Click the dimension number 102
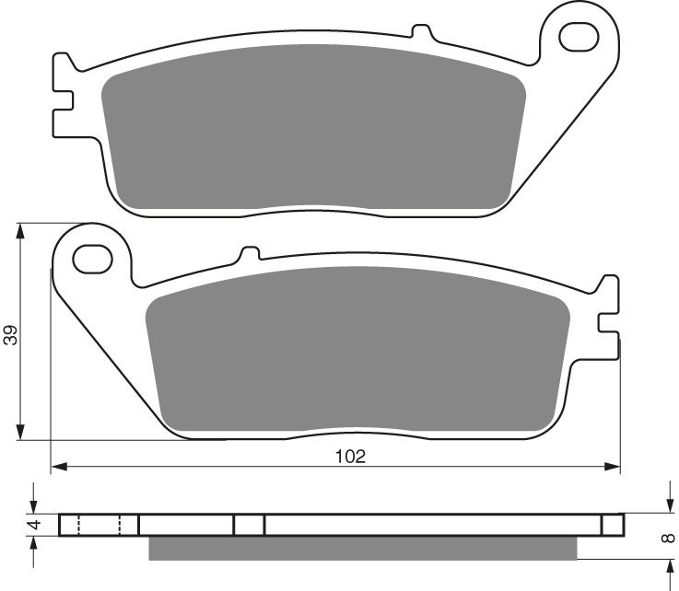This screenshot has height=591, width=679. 351,456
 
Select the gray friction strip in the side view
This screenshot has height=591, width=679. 362,548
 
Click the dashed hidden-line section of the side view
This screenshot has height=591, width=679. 99,525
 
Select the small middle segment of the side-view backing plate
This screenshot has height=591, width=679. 249,525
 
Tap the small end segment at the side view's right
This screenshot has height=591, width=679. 613,525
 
